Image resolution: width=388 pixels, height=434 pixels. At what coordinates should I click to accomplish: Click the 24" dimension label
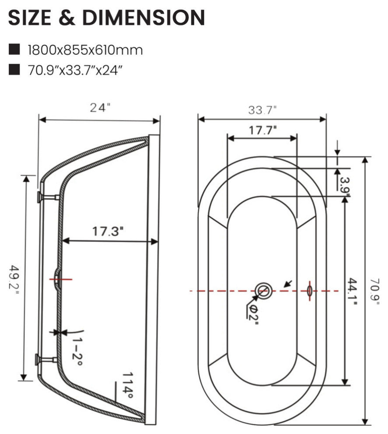tap(100, 108)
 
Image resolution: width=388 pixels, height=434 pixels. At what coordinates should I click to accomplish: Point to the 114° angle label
tap(128, 385)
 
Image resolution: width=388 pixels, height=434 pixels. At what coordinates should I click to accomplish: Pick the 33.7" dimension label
tap(262, 110)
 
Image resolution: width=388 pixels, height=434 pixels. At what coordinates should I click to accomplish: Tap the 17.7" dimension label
tap(262, 130)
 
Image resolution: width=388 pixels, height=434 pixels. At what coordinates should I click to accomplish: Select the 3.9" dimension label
tap(345, 187)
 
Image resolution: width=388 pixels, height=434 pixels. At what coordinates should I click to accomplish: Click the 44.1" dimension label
tap(353, 292)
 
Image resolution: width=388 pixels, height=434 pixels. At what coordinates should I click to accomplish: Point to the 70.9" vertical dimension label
tap(375, 292)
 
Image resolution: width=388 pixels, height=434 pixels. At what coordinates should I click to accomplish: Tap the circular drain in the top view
tap(263, 291)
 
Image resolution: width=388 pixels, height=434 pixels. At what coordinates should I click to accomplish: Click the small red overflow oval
tap(310, 291)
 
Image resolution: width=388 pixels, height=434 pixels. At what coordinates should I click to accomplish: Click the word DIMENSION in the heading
tap(144, 18)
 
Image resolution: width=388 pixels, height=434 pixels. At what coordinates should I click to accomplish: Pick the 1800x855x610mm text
tap(85, 50)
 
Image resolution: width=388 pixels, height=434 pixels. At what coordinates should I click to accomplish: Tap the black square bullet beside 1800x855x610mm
tap(14, 50)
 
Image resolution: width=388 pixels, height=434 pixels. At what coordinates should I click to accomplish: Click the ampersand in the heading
tap(67, 18)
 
